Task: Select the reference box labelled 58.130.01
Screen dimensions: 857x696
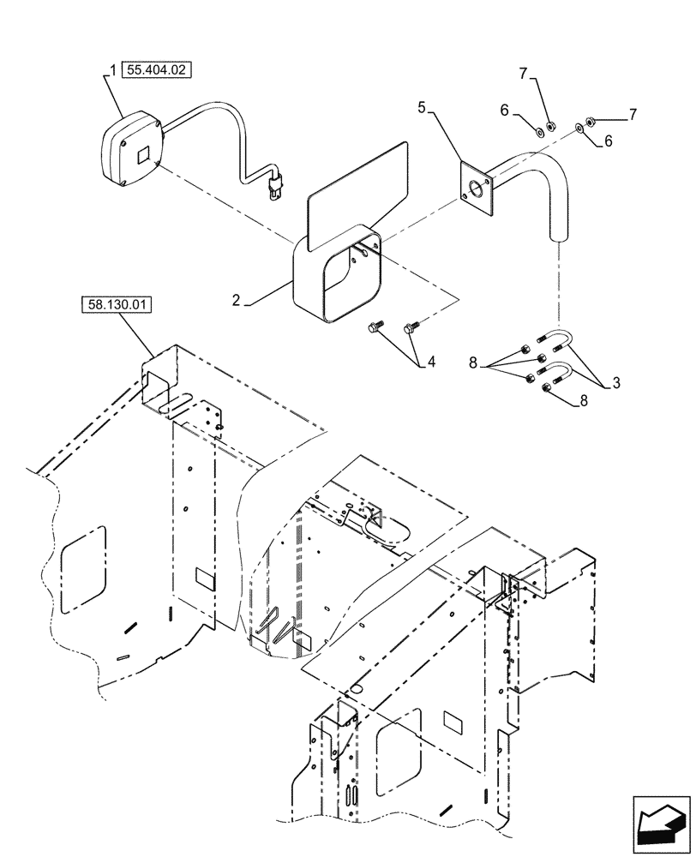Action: tap(117, 304)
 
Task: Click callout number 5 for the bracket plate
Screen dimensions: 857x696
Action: tap(422, 108)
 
